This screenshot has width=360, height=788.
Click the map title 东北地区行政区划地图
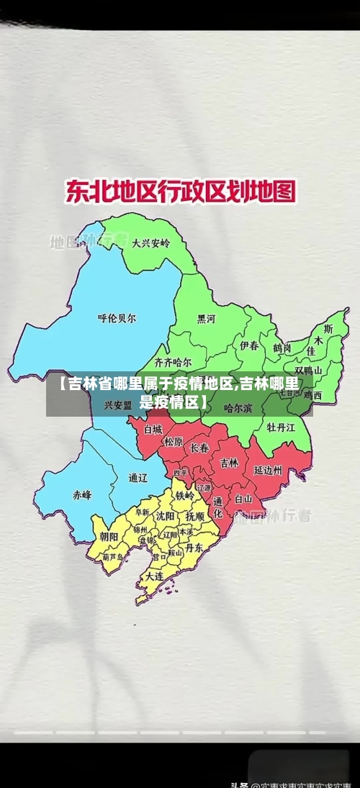click(181, 192)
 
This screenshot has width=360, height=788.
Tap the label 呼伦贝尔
click(116, 317)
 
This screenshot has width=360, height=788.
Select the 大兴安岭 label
click(150, 243)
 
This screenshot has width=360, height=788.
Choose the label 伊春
click(249, 346)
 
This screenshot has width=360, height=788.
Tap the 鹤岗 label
click(282, 348)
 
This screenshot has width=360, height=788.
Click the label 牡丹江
click(281, 427)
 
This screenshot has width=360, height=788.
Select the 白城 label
click(153, 429)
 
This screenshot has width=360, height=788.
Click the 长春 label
click(199, 448)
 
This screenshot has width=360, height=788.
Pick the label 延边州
click(268, 470)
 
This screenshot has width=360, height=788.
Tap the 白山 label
click(243, 498)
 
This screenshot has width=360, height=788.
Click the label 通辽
click(138, 477)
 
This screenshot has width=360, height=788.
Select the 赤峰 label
click(81, 495)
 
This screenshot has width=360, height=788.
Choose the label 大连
click(154, 576)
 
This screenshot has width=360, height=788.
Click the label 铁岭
click(185, 496)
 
